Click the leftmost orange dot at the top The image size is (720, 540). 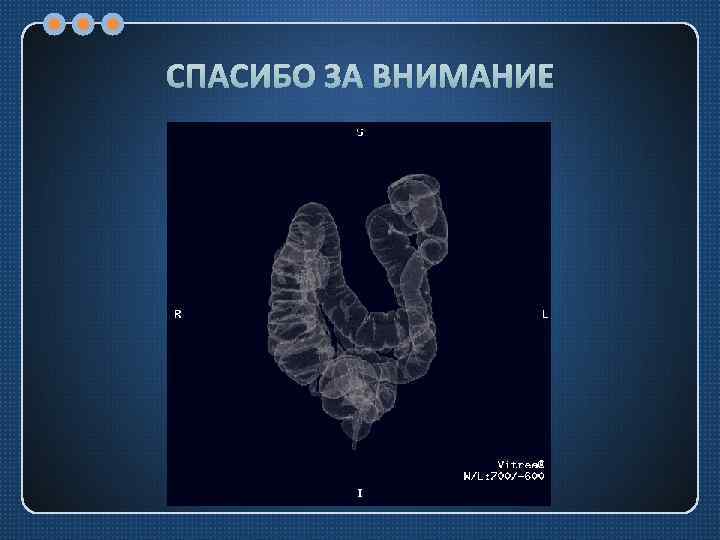(55, 22)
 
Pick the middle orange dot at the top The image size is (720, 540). (84, 22)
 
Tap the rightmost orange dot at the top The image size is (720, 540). (113, 22)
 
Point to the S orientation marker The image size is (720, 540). (360, 132)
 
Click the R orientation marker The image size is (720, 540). (178, 314)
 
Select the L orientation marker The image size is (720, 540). (544, 314)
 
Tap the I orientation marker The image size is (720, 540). (360, 493)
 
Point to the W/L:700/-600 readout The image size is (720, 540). (503, 476)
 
